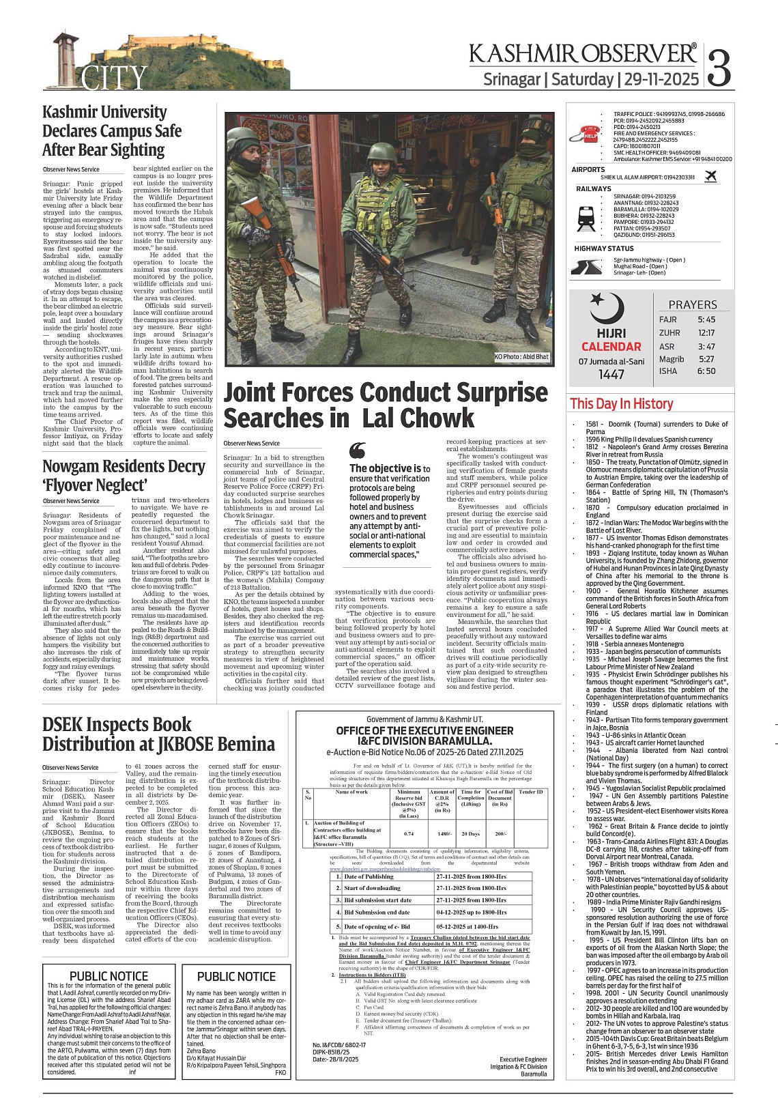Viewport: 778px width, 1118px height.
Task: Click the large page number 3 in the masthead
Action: (719, 66)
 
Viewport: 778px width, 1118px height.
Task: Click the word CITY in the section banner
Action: (113, 78)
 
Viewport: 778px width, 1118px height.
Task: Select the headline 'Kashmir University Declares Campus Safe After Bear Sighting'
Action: (113, 131)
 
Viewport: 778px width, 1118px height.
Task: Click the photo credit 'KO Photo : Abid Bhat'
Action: (521, 357)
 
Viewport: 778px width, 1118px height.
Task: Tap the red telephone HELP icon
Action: (588, 134)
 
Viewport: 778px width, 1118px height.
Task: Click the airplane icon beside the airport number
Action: (711, 177)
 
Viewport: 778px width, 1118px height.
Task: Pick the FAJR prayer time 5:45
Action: (706, 319)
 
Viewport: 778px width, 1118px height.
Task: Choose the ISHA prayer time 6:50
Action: (706, 371)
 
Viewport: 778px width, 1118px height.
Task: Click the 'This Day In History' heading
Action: (621, 404)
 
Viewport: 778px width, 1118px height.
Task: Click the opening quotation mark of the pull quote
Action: (357, 450)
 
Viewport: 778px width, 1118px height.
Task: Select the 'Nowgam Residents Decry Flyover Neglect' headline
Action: (124, 476)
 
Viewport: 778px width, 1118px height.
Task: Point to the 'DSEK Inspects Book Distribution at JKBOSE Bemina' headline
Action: (159, 734)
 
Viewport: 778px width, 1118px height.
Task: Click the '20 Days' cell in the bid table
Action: (470, 833)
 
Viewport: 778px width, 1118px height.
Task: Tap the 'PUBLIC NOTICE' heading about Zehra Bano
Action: (236, 977)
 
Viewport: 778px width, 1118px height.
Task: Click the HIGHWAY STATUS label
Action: (604, 248)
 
